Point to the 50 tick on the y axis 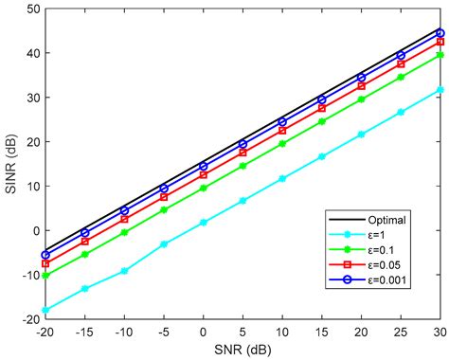pyautogui.click(x=29, y=9)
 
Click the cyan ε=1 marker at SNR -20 pyautogui.click(x=45, y=310)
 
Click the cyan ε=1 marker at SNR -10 pyautogui.click(x=124, y=271)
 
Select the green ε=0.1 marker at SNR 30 pyautogui.click(x=440, y=55)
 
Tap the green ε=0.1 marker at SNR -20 pyautogui.click(x=45, y=276)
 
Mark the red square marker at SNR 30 pyautogui.click(x=440, y=42)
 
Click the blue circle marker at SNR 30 pyautogui.click(x=440, y=32)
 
